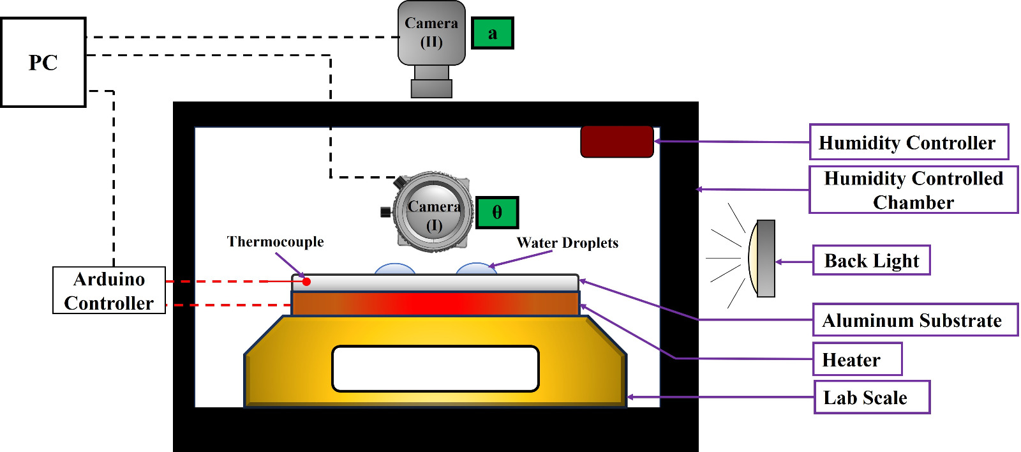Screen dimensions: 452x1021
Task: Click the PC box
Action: coord(43,63)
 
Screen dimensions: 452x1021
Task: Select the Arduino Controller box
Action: coord(109,290)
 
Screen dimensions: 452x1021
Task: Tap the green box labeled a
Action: coord(493,33)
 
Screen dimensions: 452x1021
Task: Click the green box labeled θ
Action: coord(497,213)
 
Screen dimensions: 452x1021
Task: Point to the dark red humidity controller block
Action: coord(616,142)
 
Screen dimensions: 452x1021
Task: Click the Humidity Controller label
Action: coord(909,142)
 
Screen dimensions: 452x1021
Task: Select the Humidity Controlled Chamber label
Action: coord(913,190)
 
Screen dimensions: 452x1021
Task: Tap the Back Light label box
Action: coord(871,260)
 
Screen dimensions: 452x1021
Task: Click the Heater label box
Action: coord(857,359)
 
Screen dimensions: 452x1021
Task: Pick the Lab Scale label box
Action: coord(871,397)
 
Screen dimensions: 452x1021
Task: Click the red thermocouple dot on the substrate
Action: coord(306,282)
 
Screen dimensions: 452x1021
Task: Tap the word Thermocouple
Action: coord(275,242)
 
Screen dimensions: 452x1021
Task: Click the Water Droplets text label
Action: coord(567,243)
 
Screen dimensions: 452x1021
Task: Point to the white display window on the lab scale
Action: coord(435,368)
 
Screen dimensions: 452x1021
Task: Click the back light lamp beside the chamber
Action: coord(763,259)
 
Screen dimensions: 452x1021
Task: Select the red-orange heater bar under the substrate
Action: coord(435,303)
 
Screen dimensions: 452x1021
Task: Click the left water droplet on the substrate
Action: coord(395,269)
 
